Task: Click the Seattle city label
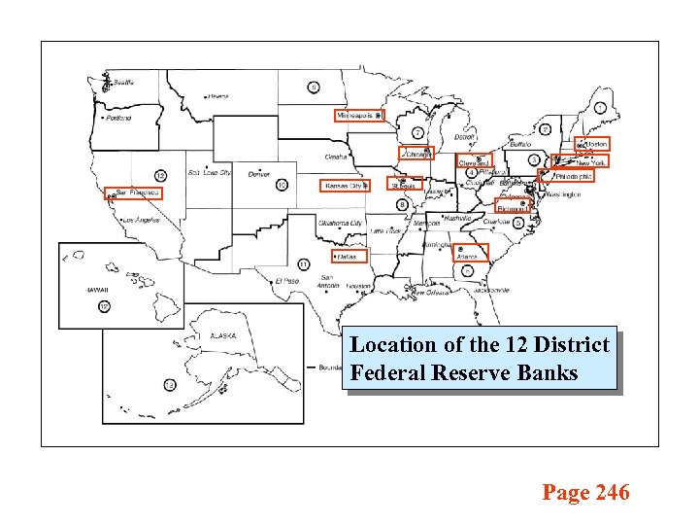[123, 83]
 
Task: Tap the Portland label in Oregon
[118, 118]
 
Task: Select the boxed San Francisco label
[133, 193]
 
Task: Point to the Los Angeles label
[141, 221]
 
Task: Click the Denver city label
[258, 174]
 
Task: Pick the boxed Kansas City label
[344, 185]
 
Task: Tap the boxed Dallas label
[346, 257]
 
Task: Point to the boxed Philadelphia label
[574, 176]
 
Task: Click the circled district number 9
[313, 87]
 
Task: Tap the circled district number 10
[281, 185]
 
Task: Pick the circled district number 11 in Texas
[304, 263]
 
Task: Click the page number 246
[613, 493]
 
